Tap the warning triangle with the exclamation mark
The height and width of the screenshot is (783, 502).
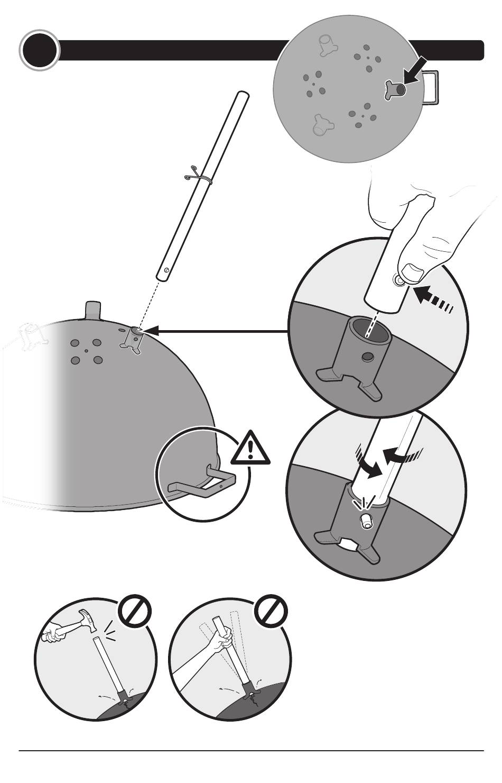tap(250, 448)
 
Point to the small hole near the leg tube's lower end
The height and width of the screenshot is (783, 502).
tap(166, 270)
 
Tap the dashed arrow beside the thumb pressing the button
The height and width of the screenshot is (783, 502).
tap(434, 298)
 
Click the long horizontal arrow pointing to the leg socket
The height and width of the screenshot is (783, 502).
tap(217, 332)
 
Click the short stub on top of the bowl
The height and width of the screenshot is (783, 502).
tap(92, 310)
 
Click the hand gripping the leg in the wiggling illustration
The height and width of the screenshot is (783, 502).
tap(224, 642)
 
